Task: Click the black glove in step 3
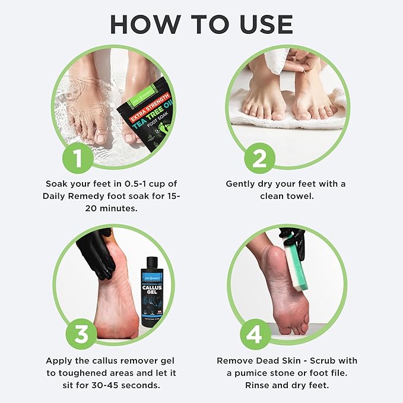97,252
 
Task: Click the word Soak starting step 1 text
56,184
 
